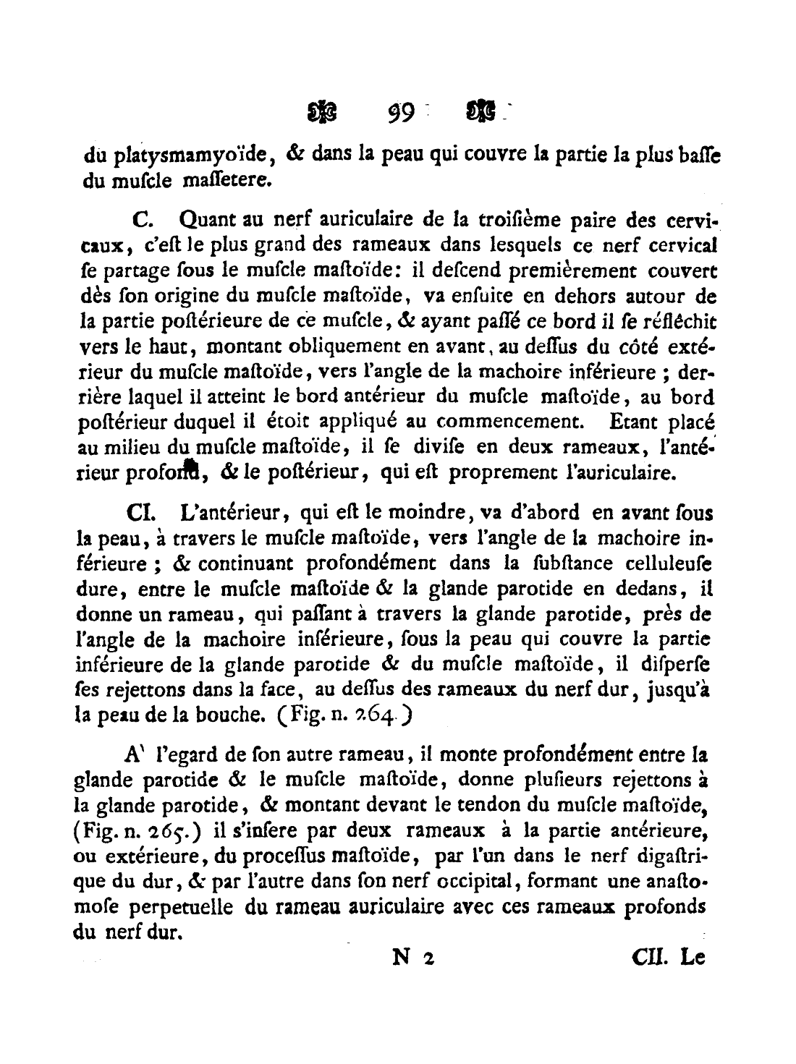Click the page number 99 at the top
pyautogui.click(x=398, y=114)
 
